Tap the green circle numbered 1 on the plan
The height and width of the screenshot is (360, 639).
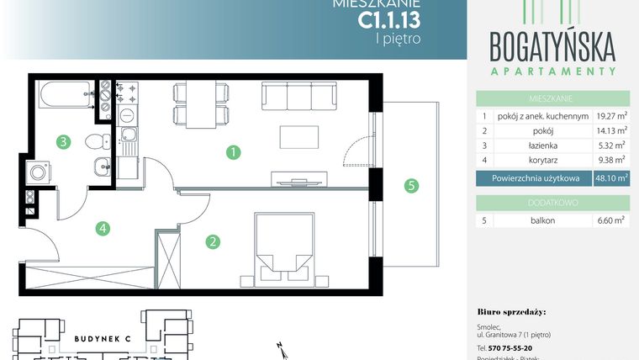[234, 153]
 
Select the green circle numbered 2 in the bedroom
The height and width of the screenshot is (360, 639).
[214, 242]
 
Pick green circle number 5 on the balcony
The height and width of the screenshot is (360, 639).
[411, 186]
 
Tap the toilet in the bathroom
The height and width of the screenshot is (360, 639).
[99, 137]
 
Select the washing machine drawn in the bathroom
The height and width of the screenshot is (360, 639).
[38, 172]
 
